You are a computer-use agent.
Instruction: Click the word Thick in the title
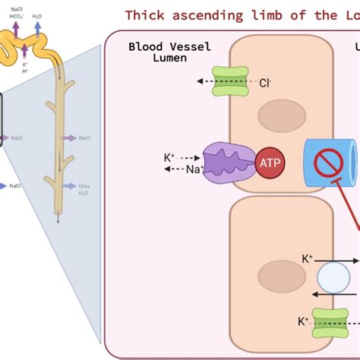pos(144,15)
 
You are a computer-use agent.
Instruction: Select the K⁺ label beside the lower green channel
pos(303,322)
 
